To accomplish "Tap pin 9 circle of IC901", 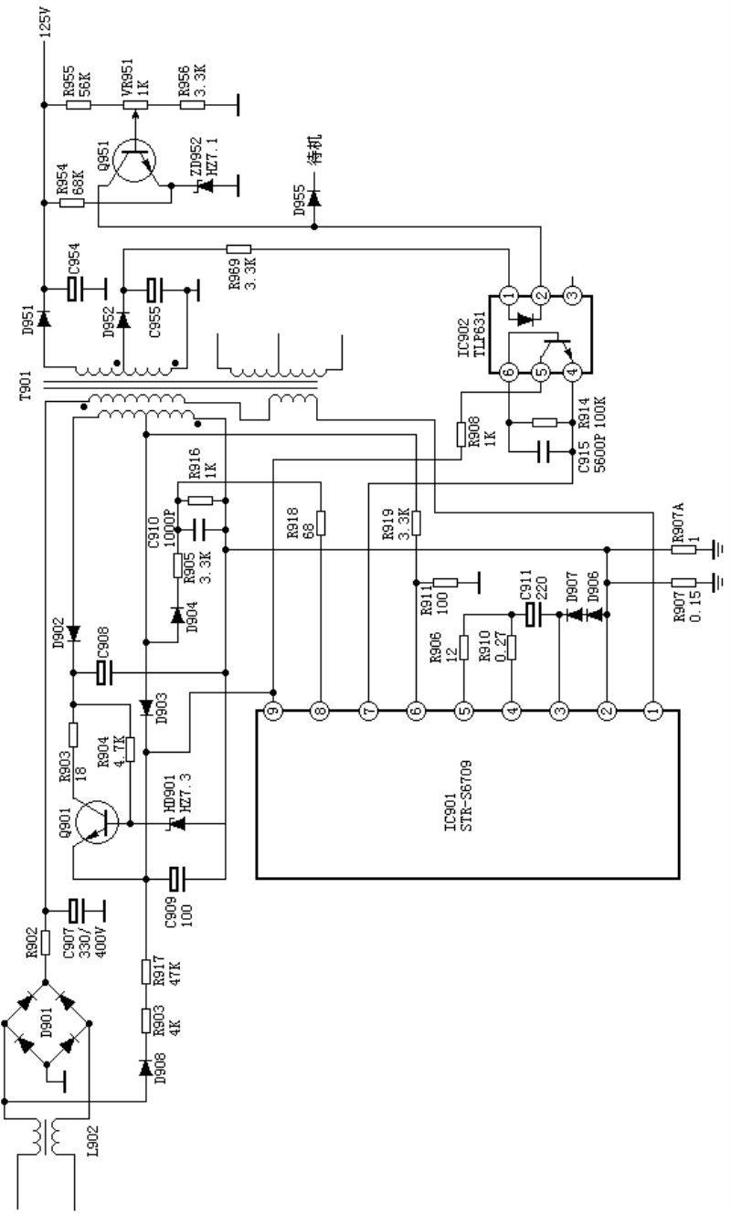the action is (x=273, y=710).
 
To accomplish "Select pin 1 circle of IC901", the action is (x=654, y=710).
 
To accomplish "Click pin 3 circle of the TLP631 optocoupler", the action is (x=573, y=296).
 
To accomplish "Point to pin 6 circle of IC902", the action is (x=509, y=372).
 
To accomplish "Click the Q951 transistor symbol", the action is (x=132, y=161).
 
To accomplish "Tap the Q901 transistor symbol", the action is (x=97, y=824).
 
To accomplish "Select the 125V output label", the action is (x=46, y=21).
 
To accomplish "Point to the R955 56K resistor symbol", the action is (x=79, y=104).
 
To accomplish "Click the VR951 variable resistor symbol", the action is (x=135, y=105).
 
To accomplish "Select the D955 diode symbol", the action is (x=314, y=197).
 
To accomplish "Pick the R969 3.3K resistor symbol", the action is (x=238, y=249).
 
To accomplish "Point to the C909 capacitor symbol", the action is (x=175, y=879).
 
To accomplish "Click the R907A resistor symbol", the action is (x=683, y=550).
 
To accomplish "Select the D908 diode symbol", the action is (x=145, y=1067).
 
